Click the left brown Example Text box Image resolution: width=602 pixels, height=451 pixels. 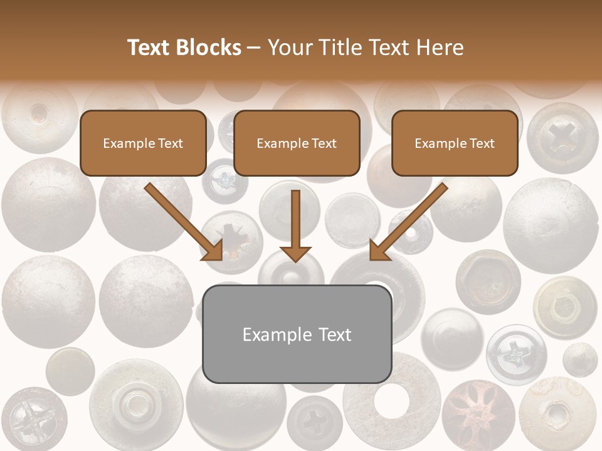point(143,143)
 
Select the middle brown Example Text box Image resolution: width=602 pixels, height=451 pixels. point(297,143)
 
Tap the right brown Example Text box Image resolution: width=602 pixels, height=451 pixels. point(455,143)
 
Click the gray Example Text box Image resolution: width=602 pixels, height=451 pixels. point(297,334)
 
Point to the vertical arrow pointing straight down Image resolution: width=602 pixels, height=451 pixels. point(295,225)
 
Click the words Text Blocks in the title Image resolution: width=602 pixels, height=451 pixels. point(184,48)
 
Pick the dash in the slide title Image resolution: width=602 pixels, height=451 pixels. point(254,48)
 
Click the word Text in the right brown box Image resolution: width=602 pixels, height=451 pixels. point(481,143)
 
